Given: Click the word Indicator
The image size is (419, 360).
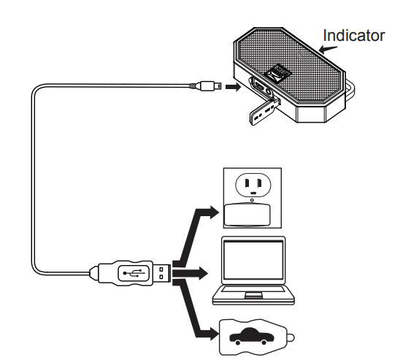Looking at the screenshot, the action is pyautogui.click(x=354, y=35).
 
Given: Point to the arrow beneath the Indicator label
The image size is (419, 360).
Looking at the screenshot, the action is pyautogui.click(x=328, y=49).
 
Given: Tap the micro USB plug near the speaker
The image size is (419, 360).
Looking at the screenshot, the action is pyautogui.click(x=209, y=86).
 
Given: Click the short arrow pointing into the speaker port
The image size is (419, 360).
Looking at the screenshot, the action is pyautogui.click(x=233, y=87).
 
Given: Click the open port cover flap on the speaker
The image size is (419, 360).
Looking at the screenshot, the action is pyautogui.click(x=264, y=112).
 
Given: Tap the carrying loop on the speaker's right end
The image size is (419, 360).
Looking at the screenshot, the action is pyautogui.click(x=350, y=90).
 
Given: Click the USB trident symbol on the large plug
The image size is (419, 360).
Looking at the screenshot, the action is pyautogui.click(x=134, y=273).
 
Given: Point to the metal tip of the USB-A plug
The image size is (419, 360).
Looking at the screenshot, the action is pyautogui.click(x=161, y=273).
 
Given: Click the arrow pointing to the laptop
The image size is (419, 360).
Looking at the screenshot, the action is pyautogui.click(x=191, y=273).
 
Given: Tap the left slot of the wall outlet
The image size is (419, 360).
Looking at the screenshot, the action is pyautogui.click(x=247, y=183).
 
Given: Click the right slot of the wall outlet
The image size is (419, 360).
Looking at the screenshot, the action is pyautogui.click(x=258, y=183).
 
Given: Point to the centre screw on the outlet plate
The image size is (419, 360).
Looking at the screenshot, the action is pyautogui.click(x=252, y=200).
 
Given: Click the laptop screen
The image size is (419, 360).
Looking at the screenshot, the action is pyautogui.click(x=253, y=259).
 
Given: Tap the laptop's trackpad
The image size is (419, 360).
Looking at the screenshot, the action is pyautogui.click(x=253, y=295).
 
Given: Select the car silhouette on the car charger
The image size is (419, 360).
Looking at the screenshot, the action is pyautogui.click(x=252, y=336).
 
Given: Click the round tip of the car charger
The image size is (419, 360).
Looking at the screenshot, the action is pyautogui.click(x=291, y=338).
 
